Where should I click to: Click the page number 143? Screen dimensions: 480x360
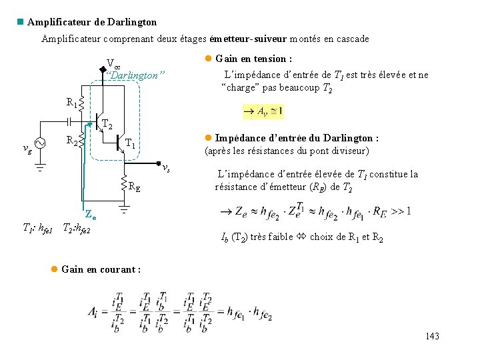pyautogui.click(x=432, y=337)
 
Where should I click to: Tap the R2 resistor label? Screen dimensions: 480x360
pyautogui.click(x=71, y=141)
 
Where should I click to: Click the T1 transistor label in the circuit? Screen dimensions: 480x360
pyautogui.click(x=131, y=145)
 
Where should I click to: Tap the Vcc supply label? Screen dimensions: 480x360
pyautogui.click(x=113, y=65)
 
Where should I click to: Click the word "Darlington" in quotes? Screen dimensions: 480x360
pyautogui.click(x=136, y=75)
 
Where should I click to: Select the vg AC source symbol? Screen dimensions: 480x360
pyautogui.click(x=39, y=143)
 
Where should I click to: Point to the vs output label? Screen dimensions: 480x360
pyautogui.click(x=167, y=167)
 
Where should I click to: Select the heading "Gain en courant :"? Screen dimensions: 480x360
pyautogui.click(x=101, y=269)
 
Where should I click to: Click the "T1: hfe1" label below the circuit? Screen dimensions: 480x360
pyautogui.click(x=38, y=229)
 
